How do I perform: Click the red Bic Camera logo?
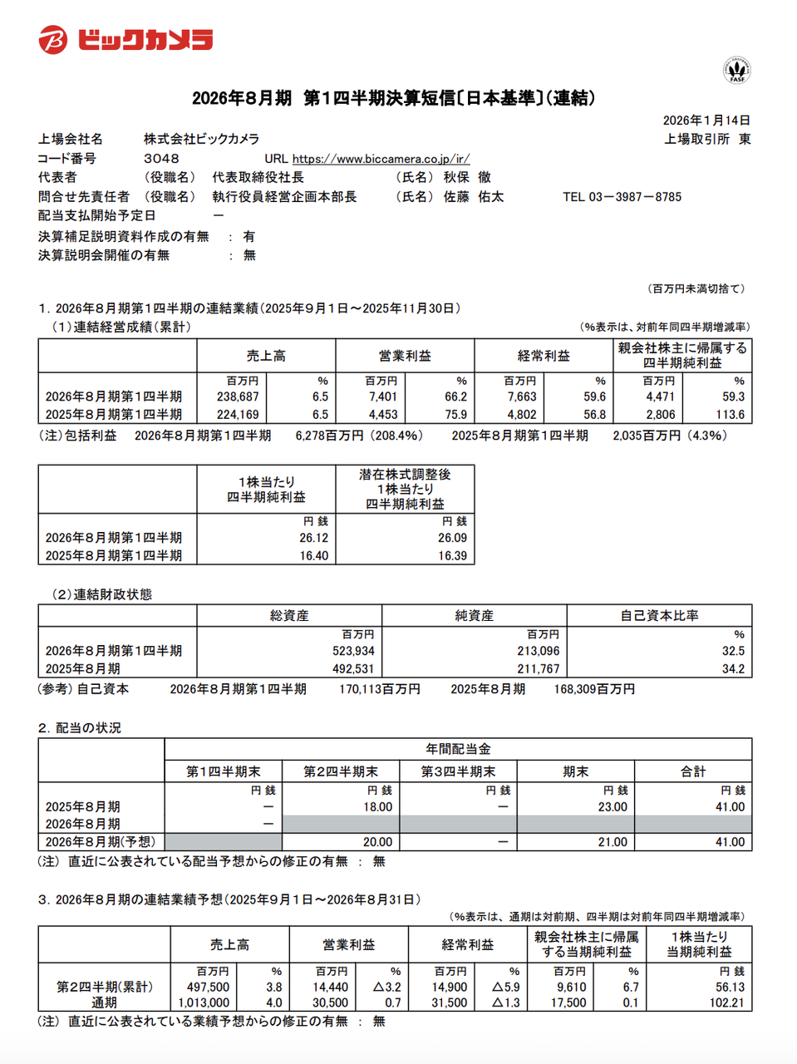(125, 40)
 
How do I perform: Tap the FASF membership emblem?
(736, 70)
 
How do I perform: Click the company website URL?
(381, 159)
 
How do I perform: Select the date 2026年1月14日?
(706, 121)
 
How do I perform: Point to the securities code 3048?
(161, 159)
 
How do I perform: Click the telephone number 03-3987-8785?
(635, 197)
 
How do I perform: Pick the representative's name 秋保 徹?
(467, 178)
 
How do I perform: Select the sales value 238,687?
(238, 397)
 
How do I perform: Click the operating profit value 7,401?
(383, 397)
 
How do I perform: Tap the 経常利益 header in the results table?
(544, 356)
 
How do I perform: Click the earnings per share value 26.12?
(313, 539)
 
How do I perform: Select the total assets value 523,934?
(353, 652)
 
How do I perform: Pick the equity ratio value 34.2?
(733, 669)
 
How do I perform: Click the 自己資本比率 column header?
(659, 616)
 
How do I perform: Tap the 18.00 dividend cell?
(377, 807)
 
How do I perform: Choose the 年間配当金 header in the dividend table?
(458, 749)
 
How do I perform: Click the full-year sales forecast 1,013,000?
(204, 1003)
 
